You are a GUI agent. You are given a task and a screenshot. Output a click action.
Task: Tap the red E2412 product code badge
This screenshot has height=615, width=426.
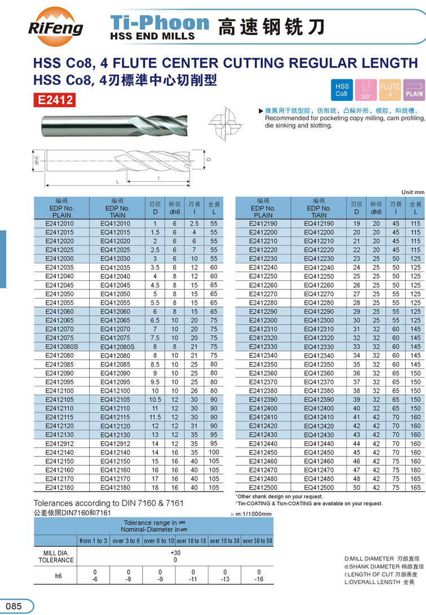(55, 100)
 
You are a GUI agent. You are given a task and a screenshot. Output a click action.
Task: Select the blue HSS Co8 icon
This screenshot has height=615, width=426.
(342, 90)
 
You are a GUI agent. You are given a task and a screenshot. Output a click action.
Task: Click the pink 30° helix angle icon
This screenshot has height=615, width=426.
(366, 90)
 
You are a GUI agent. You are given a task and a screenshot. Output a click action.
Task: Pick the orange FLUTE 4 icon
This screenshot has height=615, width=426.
(390, 90)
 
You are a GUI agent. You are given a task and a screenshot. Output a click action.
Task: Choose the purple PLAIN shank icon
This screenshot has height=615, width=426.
(414, 90)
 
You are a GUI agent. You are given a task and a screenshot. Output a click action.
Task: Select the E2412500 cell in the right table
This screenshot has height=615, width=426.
(263, 487)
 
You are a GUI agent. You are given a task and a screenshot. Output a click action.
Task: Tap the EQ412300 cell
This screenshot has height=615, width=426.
(319, 320)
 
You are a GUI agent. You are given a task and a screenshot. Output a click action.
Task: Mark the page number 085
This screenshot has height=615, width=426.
(14, 606)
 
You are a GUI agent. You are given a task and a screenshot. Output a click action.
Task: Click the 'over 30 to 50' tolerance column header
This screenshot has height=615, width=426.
(257, 541)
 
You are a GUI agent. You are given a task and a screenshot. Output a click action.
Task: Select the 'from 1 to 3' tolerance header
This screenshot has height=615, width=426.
(93, 541)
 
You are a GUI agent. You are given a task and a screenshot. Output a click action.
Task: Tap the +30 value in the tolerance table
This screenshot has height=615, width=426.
(175, 552)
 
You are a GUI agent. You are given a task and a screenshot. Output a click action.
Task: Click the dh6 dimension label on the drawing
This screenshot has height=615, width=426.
(35, 160)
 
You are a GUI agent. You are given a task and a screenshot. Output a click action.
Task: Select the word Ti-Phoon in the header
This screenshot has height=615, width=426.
(160, 23)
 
